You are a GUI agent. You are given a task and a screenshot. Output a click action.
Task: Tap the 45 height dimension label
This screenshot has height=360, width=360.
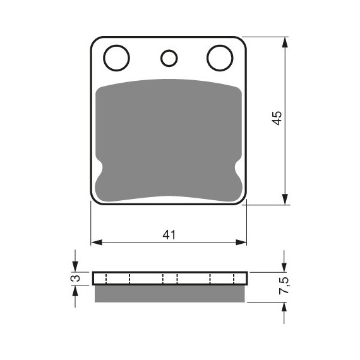point(277,118)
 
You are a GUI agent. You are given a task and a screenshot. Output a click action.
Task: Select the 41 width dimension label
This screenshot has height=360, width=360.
point(169,235)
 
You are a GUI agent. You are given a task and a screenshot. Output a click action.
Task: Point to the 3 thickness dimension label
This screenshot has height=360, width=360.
point(76,279)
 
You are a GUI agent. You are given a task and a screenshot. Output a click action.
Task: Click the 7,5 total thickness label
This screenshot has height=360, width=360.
point(285,285)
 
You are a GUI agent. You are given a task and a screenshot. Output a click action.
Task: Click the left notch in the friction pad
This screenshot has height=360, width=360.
point(99,167)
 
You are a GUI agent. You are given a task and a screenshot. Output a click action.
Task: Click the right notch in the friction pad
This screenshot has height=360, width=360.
point(238,167)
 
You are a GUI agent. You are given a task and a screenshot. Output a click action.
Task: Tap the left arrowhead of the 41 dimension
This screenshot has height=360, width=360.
point(97,243)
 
